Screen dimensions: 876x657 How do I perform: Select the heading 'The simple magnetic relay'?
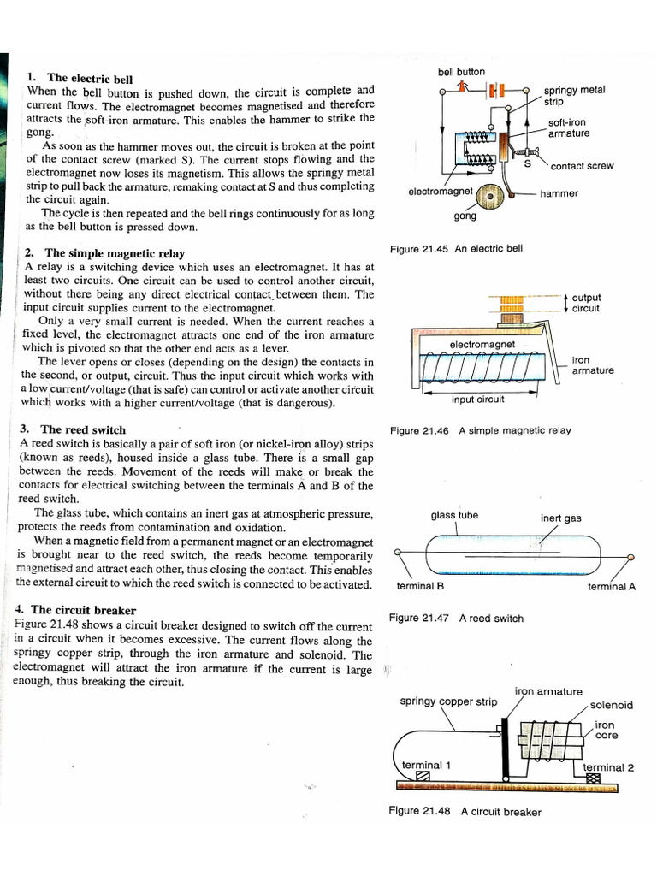(114, 253)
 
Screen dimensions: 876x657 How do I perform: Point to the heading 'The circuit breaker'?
(83, 610)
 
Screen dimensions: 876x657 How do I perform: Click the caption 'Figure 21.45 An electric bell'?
(456, 249)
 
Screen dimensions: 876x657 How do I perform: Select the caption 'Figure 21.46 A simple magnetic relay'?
(480, 430)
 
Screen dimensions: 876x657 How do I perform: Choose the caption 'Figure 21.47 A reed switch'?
(456, 618)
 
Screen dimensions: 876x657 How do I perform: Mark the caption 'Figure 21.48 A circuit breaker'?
(465, 811)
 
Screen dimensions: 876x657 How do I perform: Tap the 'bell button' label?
(461, 72)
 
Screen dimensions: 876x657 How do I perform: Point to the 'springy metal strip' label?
(574, 95)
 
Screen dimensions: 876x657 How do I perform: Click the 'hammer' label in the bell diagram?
(559, 193)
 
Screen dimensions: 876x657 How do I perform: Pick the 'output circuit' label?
(586, 303)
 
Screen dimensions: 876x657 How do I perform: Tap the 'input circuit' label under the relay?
(477, 399)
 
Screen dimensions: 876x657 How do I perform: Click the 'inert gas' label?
(560, 518)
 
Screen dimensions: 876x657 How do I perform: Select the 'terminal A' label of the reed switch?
(611, 587)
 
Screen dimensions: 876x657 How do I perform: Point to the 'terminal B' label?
(420, 587)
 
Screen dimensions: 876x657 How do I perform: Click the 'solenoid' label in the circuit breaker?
(611, 705)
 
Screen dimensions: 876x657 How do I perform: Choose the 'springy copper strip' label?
(448, 701)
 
